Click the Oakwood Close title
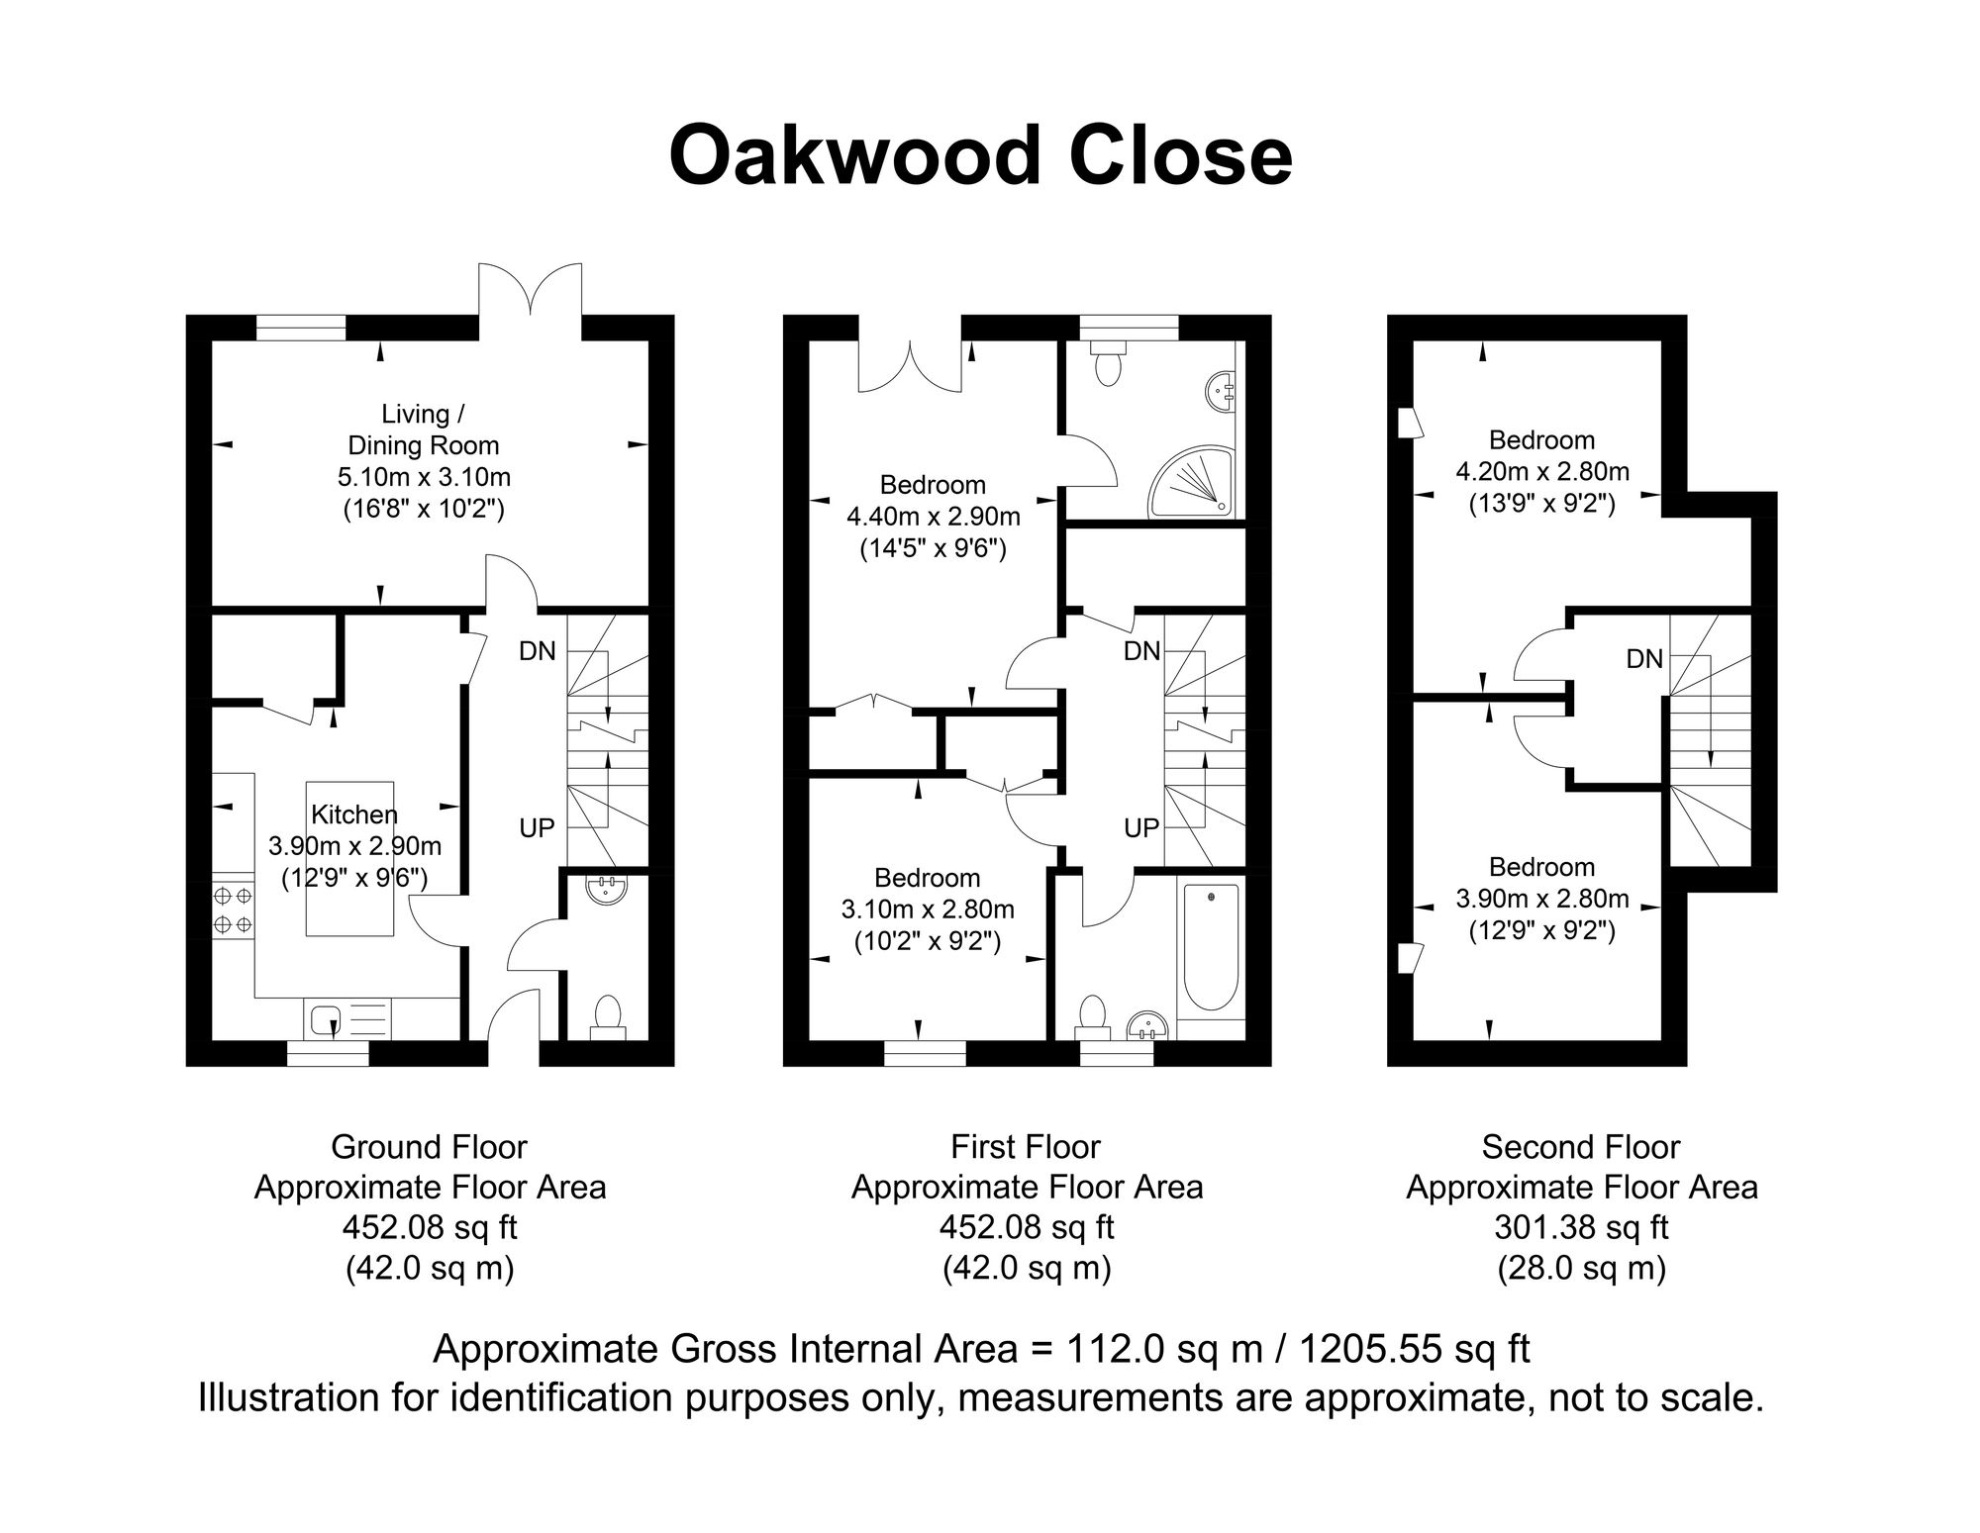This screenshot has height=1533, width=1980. coord(980,156)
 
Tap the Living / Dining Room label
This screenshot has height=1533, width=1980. coord(424,430)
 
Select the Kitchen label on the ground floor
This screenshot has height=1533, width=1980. coord(353,814)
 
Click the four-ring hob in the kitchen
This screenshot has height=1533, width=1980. coord(233,910)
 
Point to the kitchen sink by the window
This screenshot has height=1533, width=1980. coord(326,1017)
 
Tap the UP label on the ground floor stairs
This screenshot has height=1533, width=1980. coord(537,827)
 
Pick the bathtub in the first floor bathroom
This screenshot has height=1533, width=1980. coord(1211,947)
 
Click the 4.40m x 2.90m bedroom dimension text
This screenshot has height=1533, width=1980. coord(933,516)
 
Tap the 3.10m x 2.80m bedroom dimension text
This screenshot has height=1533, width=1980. coord(928,909)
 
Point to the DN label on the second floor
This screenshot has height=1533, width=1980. coord(1644,659)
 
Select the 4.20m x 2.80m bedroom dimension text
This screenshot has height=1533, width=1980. coord(1541,471)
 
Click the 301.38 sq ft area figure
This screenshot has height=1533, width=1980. coord(1581,1227)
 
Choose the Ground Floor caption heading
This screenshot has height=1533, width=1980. coord(429,1147)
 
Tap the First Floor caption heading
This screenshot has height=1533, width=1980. coord(1026,1147)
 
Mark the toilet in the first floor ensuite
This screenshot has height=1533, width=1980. coord(1108,365)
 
